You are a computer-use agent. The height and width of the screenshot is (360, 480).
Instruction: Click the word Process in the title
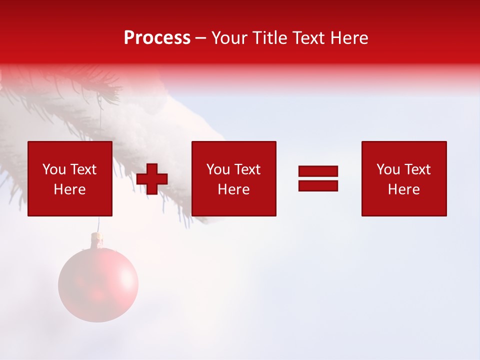157,38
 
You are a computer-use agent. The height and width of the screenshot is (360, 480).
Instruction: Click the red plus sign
152,179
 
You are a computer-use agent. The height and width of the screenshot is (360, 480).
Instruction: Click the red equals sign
318,178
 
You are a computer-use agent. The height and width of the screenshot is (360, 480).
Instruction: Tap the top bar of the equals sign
318,171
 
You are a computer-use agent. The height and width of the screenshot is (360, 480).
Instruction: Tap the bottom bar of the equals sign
318,185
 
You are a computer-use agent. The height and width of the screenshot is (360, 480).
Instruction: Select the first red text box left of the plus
69,178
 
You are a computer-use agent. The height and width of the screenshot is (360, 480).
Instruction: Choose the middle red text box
233,178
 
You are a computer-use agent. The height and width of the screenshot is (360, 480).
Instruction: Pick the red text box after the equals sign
403,178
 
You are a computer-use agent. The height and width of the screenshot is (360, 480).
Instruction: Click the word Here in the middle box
233,189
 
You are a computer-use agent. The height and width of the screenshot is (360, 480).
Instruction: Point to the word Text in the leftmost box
83,169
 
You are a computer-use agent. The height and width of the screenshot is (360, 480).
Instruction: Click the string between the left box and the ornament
98,224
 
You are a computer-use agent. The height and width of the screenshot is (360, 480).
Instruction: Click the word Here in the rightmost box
403,189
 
